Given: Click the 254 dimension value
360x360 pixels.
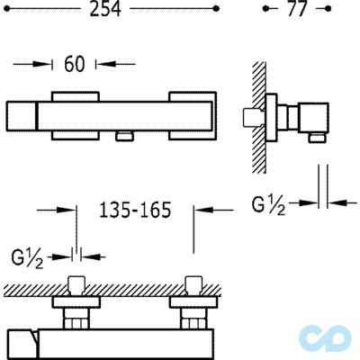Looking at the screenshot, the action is (105, 9).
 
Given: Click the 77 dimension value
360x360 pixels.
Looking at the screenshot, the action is (297, 9).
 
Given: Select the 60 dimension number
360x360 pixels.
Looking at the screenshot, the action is (75, 64).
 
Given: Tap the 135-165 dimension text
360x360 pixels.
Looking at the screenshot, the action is (135, 210).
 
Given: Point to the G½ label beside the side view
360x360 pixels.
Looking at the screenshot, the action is (268, 206).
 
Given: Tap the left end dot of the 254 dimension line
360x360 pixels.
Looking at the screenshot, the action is (8, 9).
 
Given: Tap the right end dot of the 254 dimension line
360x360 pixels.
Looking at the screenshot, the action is (215, 9).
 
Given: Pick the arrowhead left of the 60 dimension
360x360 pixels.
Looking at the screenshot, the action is (42, 64).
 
